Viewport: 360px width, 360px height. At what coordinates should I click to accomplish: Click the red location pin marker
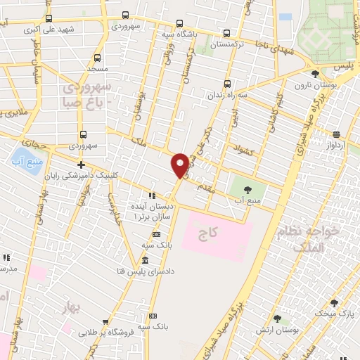(x=180, y=165)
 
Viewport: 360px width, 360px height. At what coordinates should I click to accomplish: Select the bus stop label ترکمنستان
(x=226, y=44)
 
